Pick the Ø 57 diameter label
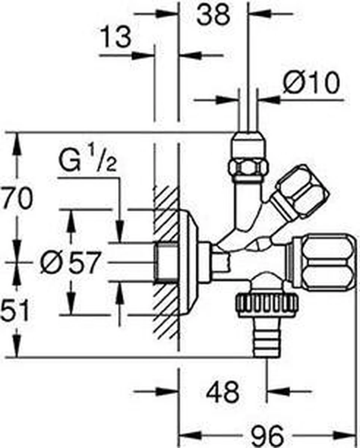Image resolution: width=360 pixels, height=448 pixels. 71,262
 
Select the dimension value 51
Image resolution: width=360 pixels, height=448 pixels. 15,311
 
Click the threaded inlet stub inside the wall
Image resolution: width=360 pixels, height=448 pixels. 166,261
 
